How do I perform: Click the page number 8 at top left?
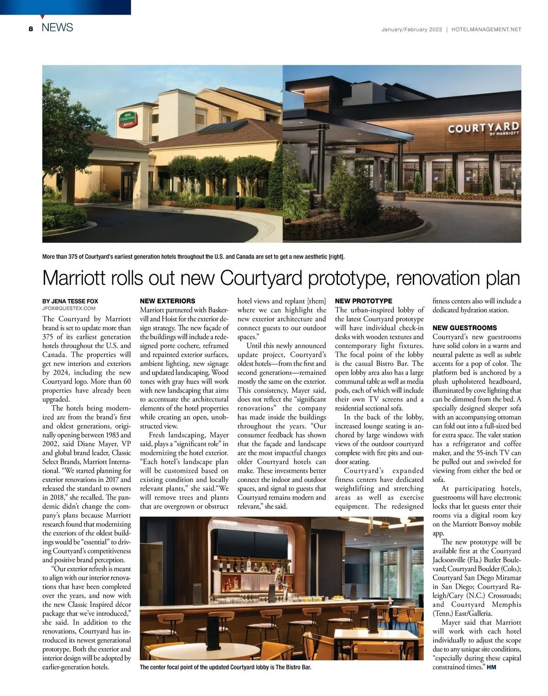point(31,29)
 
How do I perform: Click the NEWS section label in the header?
point(57,28)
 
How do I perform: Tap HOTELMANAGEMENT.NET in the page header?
point(486,29)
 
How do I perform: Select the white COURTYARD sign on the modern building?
point(484,128)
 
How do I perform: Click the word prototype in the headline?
point(344,278)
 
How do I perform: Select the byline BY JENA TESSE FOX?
point(70,301)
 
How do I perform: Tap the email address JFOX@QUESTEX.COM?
point(69,309)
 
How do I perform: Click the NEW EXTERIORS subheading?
point(167,301)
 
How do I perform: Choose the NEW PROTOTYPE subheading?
point(364,301)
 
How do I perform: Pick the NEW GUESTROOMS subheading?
point(464,328)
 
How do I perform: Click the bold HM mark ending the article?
point(491,667)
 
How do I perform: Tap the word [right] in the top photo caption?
point(336,257)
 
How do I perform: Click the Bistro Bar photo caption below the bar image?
point(225,668)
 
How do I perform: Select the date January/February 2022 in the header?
point(412,29)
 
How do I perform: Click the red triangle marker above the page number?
point(42,17)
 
